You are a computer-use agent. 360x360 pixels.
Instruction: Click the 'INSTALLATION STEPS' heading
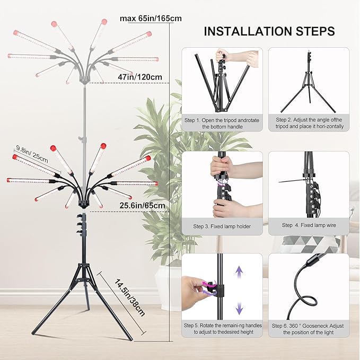(x=269, y=31)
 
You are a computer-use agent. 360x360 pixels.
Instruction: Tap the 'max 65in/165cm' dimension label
(x=151, y=19)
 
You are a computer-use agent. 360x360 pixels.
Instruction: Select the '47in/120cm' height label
(x=140, y=77)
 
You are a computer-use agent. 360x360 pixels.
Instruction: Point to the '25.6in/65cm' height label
(x=142, y=205)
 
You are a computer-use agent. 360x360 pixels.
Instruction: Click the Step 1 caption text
(x=222, y=124)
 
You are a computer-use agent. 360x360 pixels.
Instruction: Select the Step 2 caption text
(x=309, y=124)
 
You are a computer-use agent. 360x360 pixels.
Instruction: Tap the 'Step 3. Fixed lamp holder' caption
(x=222, y=226)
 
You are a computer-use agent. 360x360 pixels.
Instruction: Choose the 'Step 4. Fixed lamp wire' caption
(x=309, y=225)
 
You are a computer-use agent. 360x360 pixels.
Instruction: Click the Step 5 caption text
(x=222, y=328)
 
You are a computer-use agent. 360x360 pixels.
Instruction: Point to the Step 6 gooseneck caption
(x=309, y=328)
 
